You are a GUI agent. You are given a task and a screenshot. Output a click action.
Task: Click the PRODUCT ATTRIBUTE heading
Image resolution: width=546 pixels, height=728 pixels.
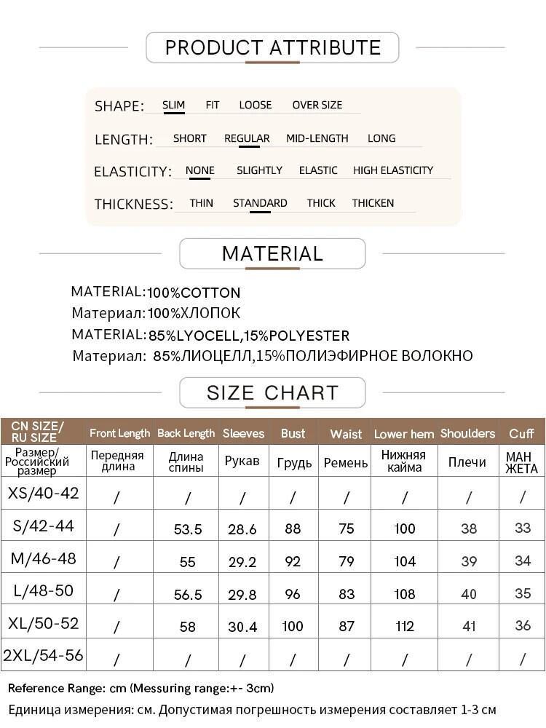273,48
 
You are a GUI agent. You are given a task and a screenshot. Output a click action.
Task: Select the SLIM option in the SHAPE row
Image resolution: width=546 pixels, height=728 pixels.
173,105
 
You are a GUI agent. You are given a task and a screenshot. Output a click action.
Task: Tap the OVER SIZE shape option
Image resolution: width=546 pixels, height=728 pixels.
317,105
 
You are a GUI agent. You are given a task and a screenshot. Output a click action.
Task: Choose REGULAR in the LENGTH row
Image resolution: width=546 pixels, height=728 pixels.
247,138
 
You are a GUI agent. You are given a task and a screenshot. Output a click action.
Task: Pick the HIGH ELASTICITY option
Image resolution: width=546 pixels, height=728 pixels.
392,170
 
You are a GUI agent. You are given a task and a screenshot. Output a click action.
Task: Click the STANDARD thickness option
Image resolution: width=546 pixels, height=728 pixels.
260,203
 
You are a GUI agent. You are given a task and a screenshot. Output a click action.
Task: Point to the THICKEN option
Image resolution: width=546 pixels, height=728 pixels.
373,203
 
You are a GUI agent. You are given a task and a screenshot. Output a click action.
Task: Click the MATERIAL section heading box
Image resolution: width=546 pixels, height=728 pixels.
272,254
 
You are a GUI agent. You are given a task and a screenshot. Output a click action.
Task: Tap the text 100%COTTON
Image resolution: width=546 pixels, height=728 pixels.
194,293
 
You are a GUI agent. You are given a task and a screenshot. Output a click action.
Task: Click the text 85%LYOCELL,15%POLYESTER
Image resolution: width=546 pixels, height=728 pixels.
249,336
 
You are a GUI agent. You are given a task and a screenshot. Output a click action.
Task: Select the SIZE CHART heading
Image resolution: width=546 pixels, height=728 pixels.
272,393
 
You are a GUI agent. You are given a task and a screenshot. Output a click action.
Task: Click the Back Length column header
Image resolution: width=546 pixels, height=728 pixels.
186,433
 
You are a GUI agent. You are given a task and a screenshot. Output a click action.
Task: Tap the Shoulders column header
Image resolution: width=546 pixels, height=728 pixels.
467,433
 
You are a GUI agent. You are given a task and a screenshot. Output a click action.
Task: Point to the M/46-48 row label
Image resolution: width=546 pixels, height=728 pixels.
44,559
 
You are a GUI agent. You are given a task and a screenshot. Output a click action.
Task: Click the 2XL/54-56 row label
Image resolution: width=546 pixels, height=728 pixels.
44,655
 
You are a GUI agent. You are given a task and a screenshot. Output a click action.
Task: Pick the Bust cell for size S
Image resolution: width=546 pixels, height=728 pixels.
293,529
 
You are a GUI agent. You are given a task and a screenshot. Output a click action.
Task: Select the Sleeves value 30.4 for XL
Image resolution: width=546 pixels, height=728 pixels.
242,627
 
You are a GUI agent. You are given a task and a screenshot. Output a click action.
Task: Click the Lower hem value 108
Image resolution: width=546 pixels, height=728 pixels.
405,594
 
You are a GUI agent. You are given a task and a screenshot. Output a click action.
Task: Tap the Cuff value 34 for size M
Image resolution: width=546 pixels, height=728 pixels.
523,561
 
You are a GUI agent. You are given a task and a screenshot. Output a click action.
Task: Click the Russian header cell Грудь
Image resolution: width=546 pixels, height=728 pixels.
294,463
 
